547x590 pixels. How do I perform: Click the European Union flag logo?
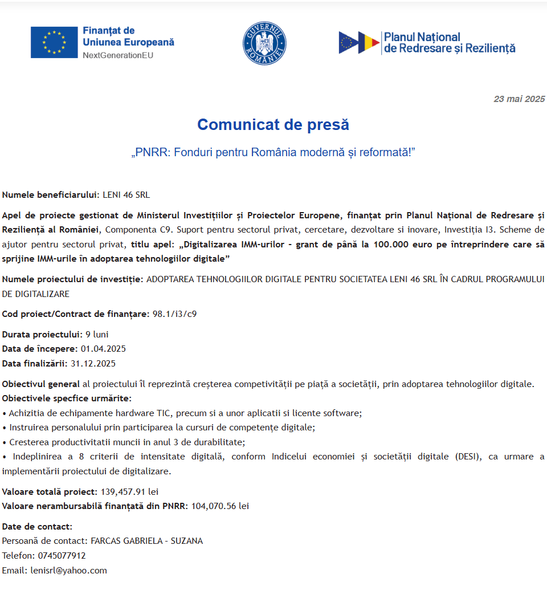pyautogui.click(x=54, y=42)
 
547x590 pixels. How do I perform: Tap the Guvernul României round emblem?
pyautogui.click(x=264, y=43)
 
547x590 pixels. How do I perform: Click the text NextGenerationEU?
pyautogui.click(x=118, y=55)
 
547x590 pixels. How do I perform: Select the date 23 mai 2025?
pyautogui.click(x=519, y=99)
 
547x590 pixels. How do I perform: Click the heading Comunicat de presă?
pyautogui.click(x=273, y=124)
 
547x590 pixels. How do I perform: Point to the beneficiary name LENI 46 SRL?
pyautogui.click(x=126, y=195)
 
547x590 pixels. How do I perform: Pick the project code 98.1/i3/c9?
pyautogui.click(x=175, y=314)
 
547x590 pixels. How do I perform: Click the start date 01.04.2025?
pyautogui.click(x=103, y=349)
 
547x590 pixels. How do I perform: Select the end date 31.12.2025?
pyautogui.click(x=93, y=364)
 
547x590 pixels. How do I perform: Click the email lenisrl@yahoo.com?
pyautogui.click(x=69, y=571)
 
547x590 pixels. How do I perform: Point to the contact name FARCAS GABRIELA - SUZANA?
pyautogui.click(x=146, y=541)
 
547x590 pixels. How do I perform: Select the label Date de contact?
pyautogui.click(x=37, y=526)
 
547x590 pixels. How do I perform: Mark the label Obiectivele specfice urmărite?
pyautogui.click(x=66, y=398)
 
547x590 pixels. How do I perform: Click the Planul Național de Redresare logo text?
pyautogui.click(x=450, y=43)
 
